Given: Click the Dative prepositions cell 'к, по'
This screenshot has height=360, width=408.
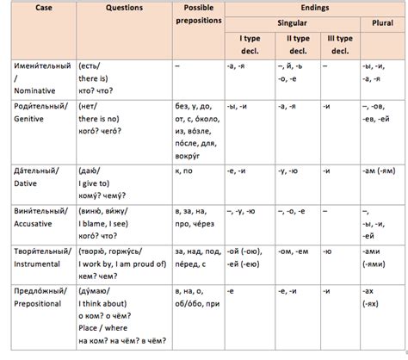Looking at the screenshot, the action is pos(184,171).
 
